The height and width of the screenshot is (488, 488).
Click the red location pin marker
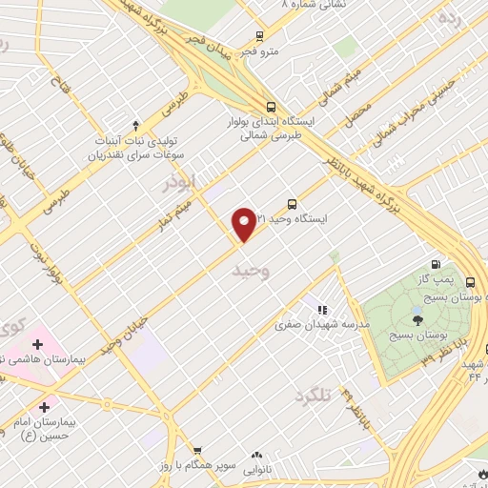click(x=244, y=223)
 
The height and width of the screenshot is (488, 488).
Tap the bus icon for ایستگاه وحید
click(x=292, y=203)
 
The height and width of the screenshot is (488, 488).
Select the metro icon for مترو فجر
click(x=259, y=37)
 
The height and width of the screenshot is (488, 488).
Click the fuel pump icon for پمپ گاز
click(x=436, y=265)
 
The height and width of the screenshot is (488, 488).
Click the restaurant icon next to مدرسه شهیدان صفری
click(x=322, y=309)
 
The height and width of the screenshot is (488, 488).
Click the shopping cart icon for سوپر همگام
click(x=197, y=450)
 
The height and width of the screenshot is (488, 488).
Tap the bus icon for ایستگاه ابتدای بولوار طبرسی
click(x=272, y=107)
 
